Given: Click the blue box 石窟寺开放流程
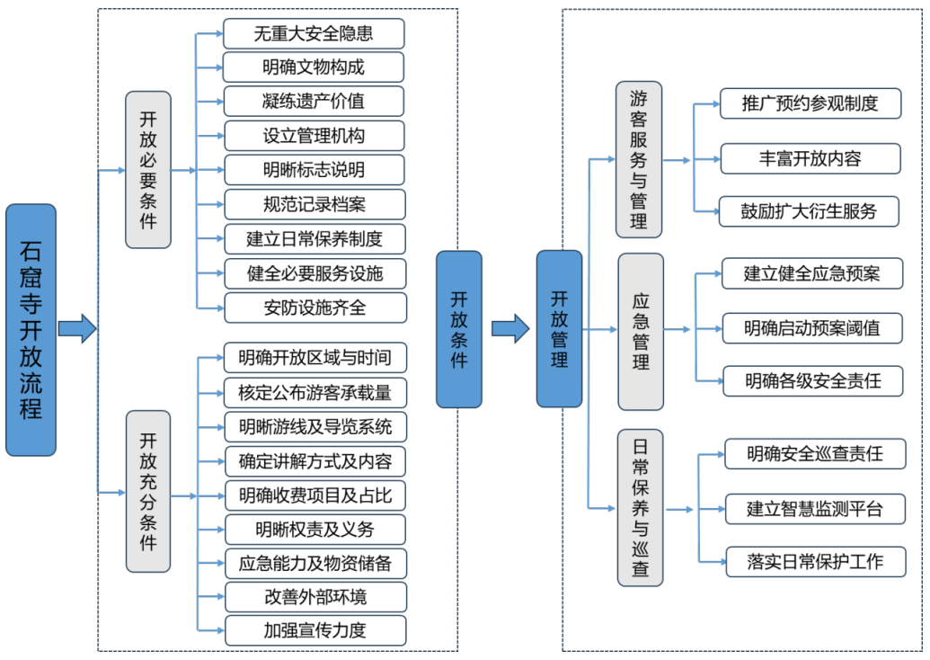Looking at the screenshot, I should [31, 329].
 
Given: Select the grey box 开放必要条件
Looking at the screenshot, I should [147, 169].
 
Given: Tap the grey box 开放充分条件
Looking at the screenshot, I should [147, 491].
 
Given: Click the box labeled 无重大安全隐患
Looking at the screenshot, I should [314, 34].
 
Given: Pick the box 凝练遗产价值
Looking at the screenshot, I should [314, 101].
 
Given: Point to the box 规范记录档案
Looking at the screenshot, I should [314, 204].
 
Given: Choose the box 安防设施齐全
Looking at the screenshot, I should [314, 308].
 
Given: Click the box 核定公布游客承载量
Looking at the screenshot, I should [314, 392].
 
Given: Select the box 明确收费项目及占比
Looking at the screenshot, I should [314, 495].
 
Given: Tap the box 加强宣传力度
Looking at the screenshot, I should [314, 629].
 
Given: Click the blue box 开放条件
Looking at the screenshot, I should [458, 329].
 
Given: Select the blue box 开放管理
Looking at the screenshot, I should [559, 329].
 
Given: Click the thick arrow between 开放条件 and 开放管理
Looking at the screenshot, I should [509, 329].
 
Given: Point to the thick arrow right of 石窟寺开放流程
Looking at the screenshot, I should [77, 329].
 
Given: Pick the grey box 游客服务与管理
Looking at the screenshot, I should [638, 159].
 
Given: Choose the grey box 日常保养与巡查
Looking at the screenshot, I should [640, 508].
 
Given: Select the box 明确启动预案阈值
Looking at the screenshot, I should [812, 327].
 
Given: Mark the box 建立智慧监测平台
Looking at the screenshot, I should [814, 509].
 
